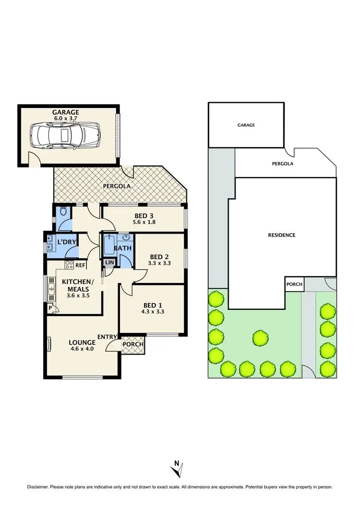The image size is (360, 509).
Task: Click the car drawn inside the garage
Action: [65, 136]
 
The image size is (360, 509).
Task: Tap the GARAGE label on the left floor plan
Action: [66, 112]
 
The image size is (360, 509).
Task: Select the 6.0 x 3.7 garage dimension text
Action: [66, 118]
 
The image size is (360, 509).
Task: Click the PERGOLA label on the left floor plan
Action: [117, 186]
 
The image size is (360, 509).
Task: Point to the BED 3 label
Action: [144, 216]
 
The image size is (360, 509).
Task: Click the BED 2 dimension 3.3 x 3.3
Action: [160, 263]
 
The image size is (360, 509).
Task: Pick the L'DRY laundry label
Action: [67, 242]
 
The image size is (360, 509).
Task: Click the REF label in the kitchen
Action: [80, 264]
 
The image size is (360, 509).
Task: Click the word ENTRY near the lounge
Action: [106, 337]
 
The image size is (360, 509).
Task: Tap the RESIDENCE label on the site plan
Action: [282, 235]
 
